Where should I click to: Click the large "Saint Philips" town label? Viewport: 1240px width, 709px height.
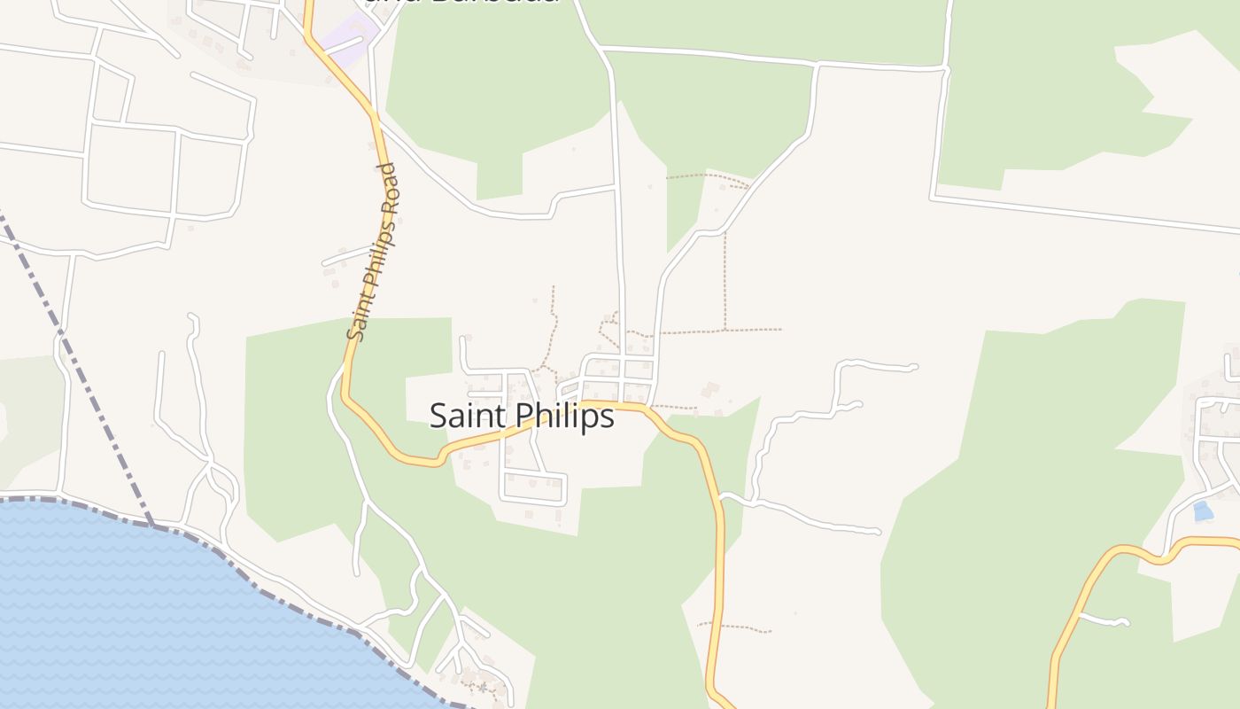point(522,416)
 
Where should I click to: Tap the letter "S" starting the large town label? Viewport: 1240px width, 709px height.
point(438,416)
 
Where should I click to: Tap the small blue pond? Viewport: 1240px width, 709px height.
point(1202,510)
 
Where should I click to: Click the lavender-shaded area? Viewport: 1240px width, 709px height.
point(347,37)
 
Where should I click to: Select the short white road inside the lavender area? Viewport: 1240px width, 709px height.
point(345,44)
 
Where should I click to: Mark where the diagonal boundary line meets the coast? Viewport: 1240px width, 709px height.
point(152,526)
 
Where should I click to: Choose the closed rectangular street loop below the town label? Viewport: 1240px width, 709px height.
point(534,487)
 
